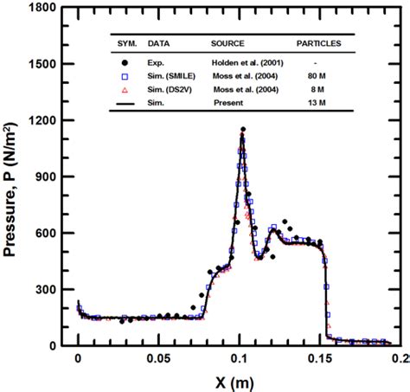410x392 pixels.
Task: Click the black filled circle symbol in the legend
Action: (x=125, y=64)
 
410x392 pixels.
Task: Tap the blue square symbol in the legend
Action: (x=125, y=75)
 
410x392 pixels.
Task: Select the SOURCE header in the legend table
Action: (x=227, y=42)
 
